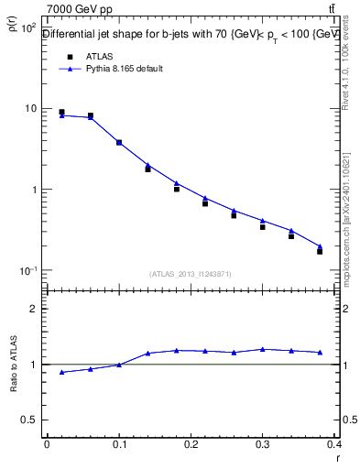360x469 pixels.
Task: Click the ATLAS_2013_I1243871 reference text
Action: click(x=191, y=274)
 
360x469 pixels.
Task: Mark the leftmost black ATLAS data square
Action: click(x=61, y=113)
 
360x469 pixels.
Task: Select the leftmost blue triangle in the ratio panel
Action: click(x=61, y=372)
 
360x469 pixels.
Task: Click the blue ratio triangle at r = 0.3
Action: click(x=262, y=349)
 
